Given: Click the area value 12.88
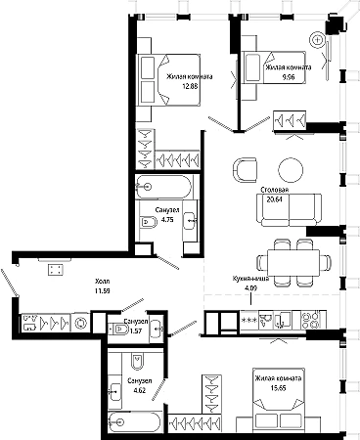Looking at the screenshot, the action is click(x=190, y=86).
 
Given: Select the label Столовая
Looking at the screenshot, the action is click(x=275, y=190).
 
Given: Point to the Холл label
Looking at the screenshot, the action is click(x=102, y=281).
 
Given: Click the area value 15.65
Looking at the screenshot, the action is click(x=278, y=387).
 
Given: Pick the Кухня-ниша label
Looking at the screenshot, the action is click(x=250, y=279).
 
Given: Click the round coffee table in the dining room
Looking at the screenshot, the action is click(x=291, y=169).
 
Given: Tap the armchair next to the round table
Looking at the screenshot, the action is click(x=245, y=169).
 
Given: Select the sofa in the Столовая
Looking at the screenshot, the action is click(x=290, y=209).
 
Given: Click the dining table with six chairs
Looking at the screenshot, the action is click(x=293, y=263).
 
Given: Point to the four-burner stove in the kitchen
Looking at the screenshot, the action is click(x=311, y=320).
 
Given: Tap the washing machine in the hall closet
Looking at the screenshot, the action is click(x=80, y=323).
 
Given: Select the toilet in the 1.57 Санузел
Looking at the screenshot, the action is click(x=120, y=330).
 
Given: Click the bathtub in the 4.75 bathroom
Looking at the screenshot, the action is click(x=163, y=187).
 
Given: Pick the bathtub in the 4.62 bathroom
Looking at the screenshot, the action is click(x=134, y=422).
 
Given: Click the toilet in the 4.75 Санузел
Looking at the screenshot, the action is click(x=149, y=223).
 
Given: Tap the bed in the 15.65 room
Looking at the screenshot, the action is click(x=279, y=402).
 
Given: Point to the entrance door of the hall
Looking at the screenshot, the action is click(x=9, y=283).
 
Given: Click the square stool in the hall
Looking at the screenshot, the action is click(x=56, y=270).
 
